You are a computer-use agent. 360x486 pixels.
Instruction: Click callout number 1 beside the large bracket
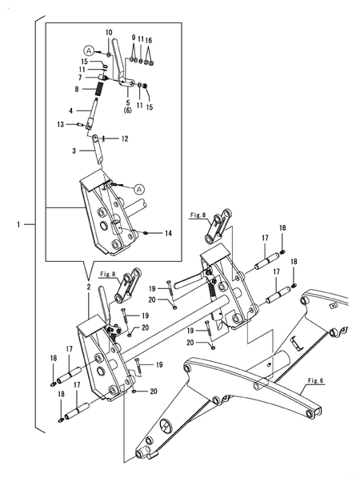pyautogui.click(x=18, y=224)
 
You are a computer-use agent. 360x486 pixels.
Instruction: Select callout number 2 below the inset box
pyautogui.click(x=89, y=287)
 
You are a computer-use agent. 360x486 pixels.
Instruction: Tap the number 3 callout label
pyautogui.click(x=74, y=151)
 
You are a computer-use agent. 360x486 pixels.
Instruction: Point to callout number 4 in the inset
pyautogui.click(x=71, y=110)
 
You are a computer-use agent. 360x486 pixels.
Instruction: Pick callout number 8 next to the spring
pyautogui.click(x=77, y=89)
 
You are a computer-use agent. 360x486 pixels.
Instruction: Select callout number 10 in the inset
pyautogui.click(x=109, y=33)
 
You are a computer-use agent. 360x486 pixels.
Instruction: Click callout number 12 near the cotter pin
pyautogui.click(x=125, y=139)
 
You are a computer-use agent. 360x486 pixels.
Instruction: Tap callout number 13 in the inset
pyautogui.click(x=61, y=124)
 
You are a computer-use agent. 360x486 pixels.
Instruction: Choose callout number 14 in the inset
pyautogui.click(x=168, y=233)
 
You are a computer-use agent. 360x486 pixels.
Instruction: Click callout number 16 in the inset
pyautogui.click(x=149, y=41)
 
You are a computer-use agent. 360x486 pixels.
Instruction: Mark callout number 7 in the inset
pyautogui.click(x=80, y=77)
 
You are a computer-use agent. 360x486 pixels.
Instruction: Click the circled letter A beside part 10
pyautogui.click(x=89, y=50)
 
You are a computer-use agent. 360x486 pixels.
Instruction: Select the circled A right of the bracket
pyautogui.click(x=138, y=189)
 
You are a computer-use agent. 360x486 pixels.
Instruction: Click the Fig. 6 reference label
pyautogui.click(x=315, y=380)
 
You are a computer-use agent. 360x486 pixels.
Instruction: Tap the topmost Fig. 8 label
pyautogui.click(x=198, y=215)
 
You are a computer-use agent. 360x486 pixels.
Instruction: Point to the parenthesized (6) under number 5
pyautogui.click(x=128, y=110)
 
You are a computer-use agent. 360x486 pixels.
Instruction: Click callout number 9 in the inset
pyautogui.click(x=134, y=38)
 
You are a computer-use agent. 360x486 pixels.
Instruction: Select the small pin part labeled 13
pyautogui.click(x=80, y=125)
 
